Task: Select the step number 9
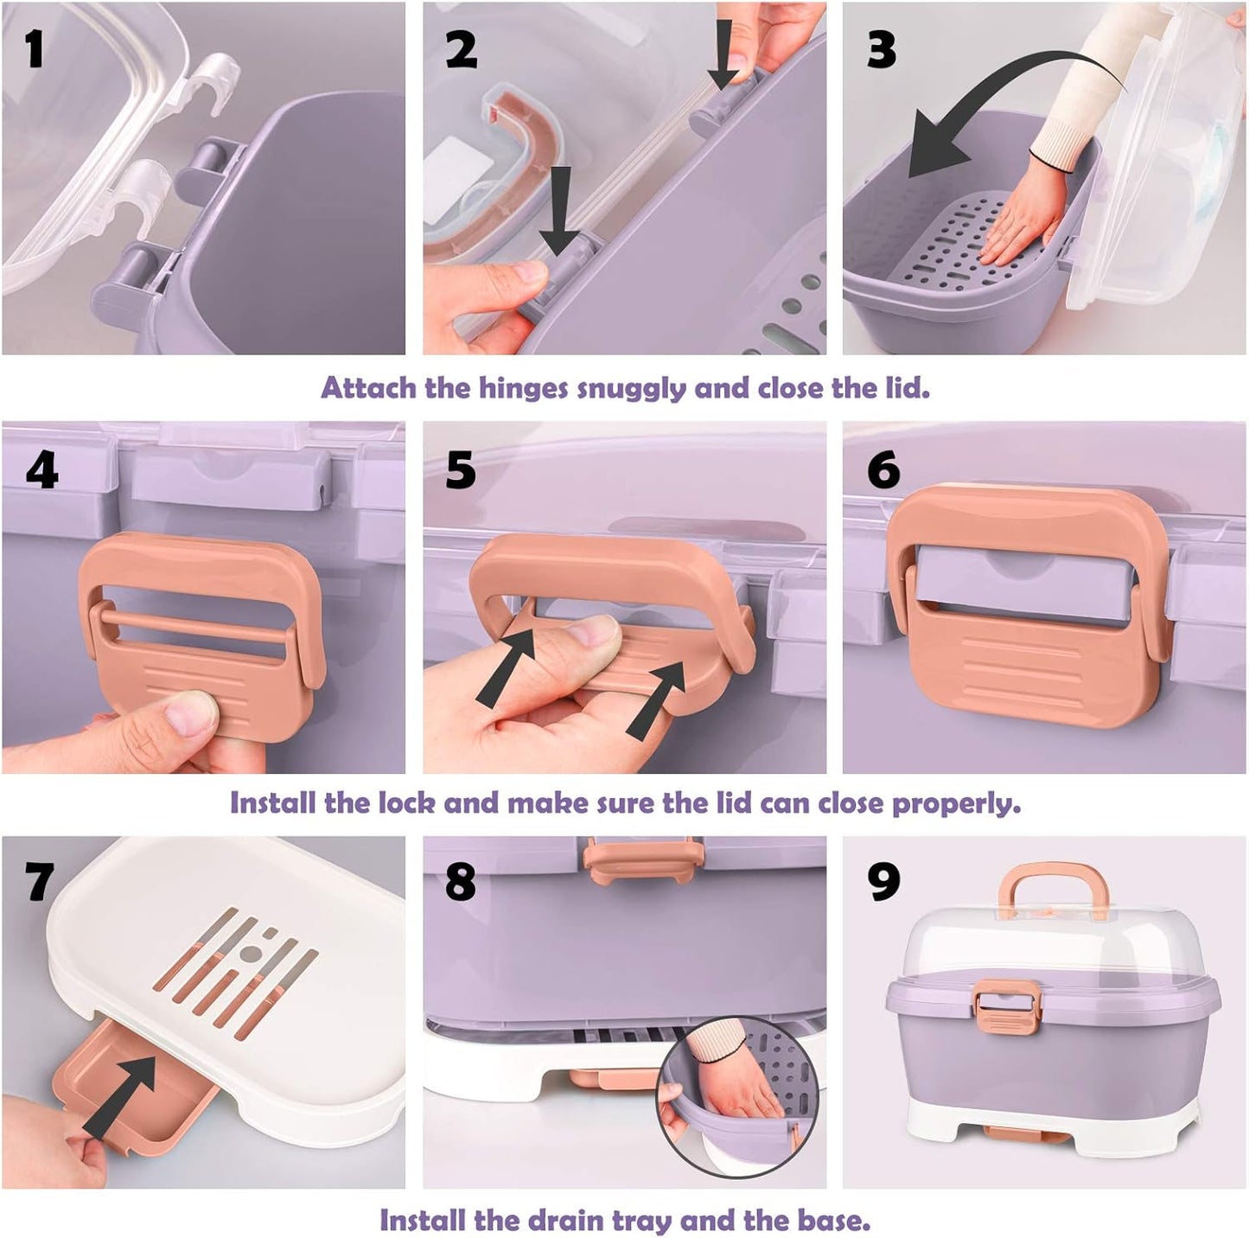point(883,881)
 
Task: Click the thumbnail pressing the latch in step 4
point(190,712)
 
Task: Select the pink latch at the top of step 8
point(643,858)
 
